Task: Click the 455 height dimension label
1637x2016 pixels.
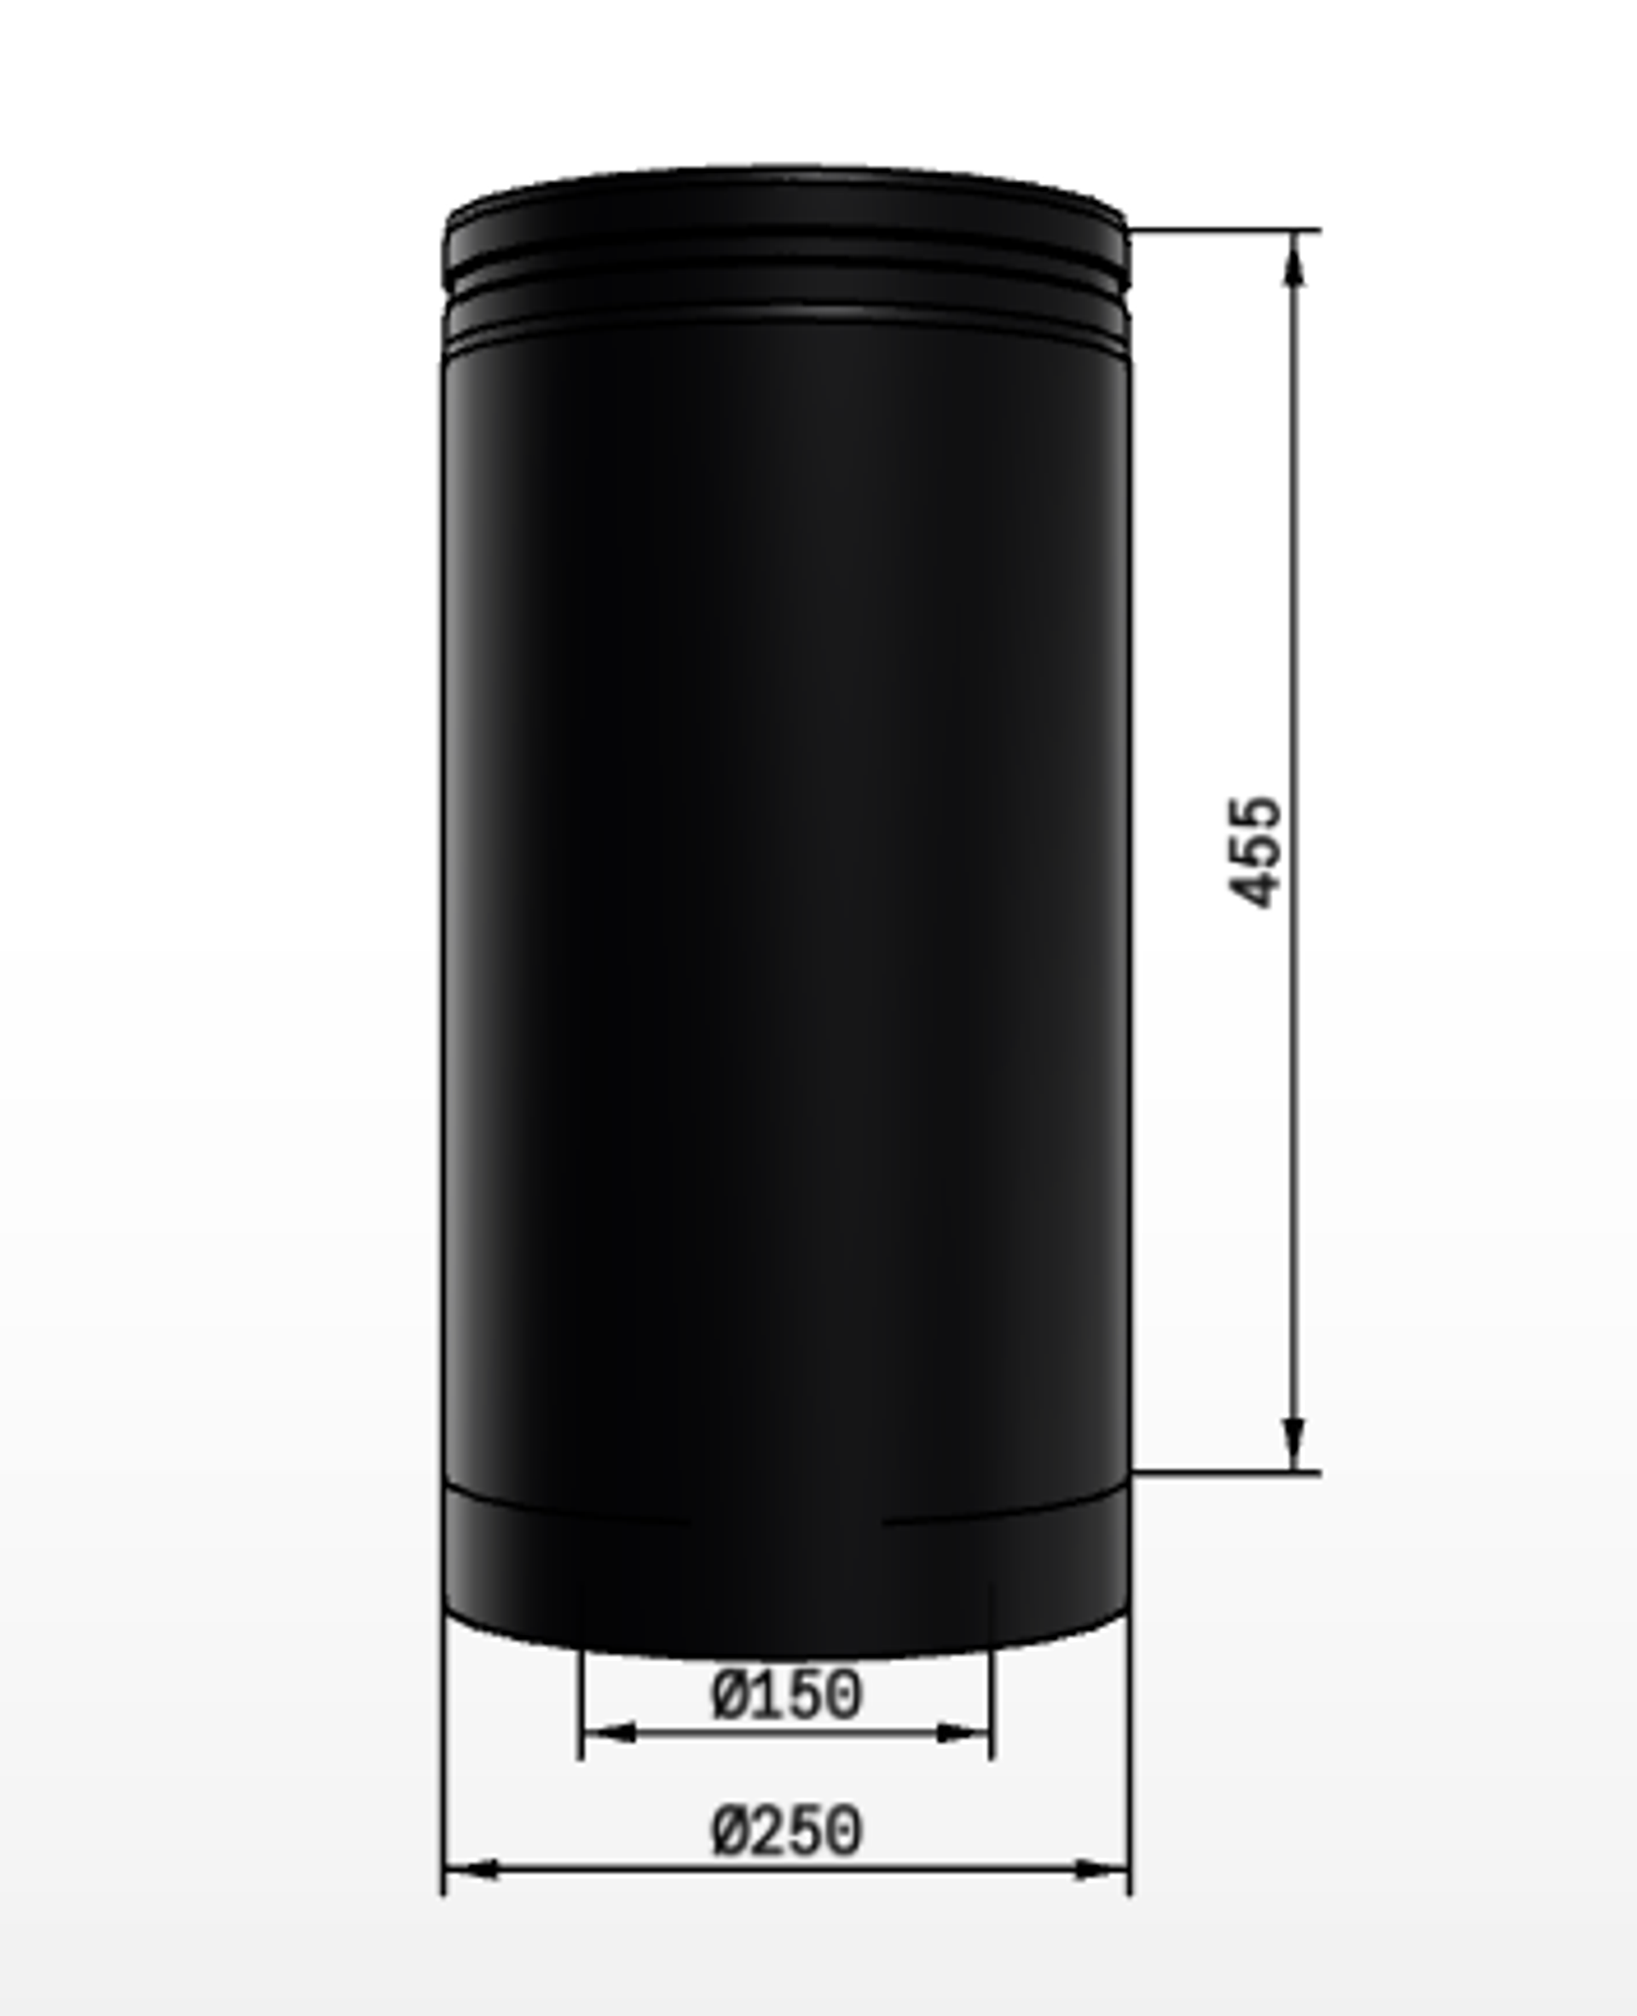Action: [1255, 852]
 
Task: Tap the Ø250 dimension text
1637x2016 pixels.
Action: [786, 1832]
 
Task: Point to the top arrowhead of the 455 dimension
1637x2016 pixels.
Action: [1295, 257]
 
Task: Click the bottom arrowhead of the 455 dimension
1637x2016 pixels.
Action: [1295, 1443]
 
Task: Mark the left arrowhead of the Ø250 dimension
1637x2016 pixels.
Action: [471, 1869]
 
